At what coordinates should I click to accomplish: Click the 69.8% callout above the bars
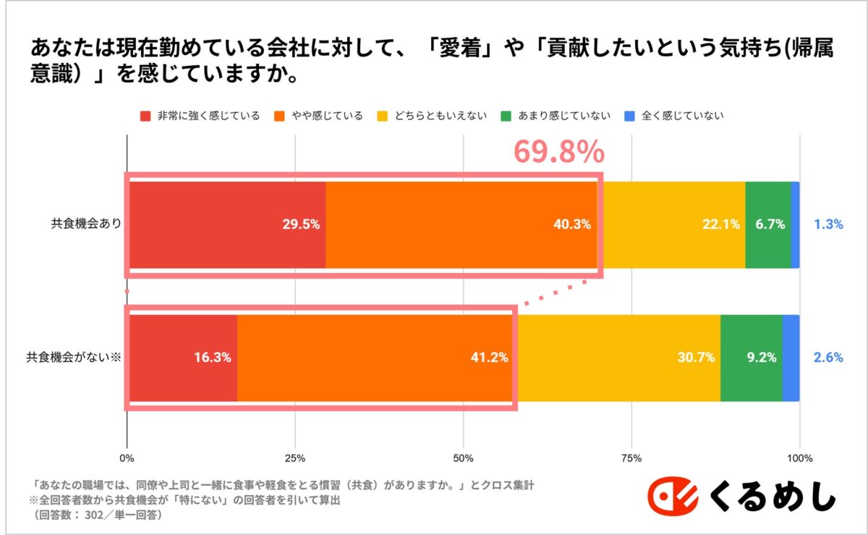click(x=558, y=152)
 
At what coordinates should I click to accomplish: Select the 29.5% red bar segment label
click(x=301, y=224)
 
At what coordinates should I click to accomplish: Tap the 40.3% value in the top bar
click(x=571, y=224)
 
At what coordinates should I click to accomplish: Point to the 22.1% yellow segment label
click(x=720, y=224)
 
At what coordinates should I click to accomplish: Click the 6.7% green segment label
click(x=770, y=224)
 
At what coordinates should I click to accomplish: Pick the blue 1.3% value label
click(x=828, y=224)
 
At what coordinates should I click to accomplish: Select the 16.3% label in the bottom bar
click(x=212, y=357)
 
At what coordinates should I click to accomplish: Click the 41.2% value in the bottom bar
click(x=489, y=357)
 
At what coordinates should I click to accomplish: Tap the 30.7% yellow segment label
click(x=696, y=357)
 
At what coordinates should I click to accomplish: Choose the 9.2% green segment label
click(x=761, y=357)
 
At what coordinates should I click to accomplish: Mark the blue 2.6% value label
click(x=828, y=357)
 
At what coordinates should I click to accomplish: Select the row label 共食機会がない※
click(x=73, y=357)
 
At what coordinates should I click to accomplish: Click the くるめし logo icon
click(x=673, y=499)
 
